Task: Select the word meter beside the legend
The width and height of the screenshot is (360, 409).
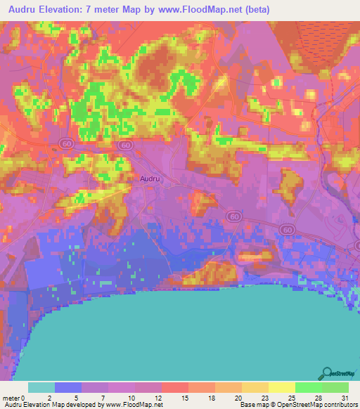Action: click(12, 397)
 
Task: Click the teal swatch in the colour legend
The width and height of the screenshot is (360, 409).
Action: click(41, 387)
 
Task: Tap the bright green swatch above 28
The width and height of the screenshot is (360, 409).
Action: click(308, 387)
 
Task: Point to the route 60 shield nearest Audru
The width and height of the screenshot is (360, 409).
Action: click(126, 145)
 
